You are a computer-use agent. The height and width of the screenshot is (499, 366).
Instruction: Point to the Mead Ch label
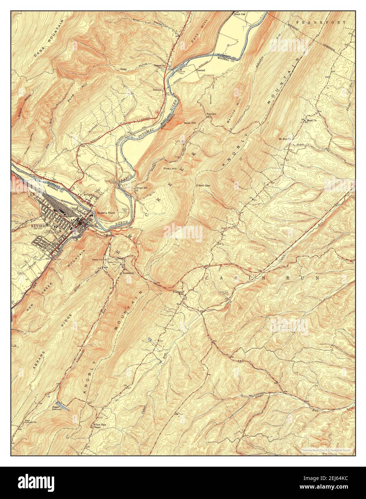(310, 121)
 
